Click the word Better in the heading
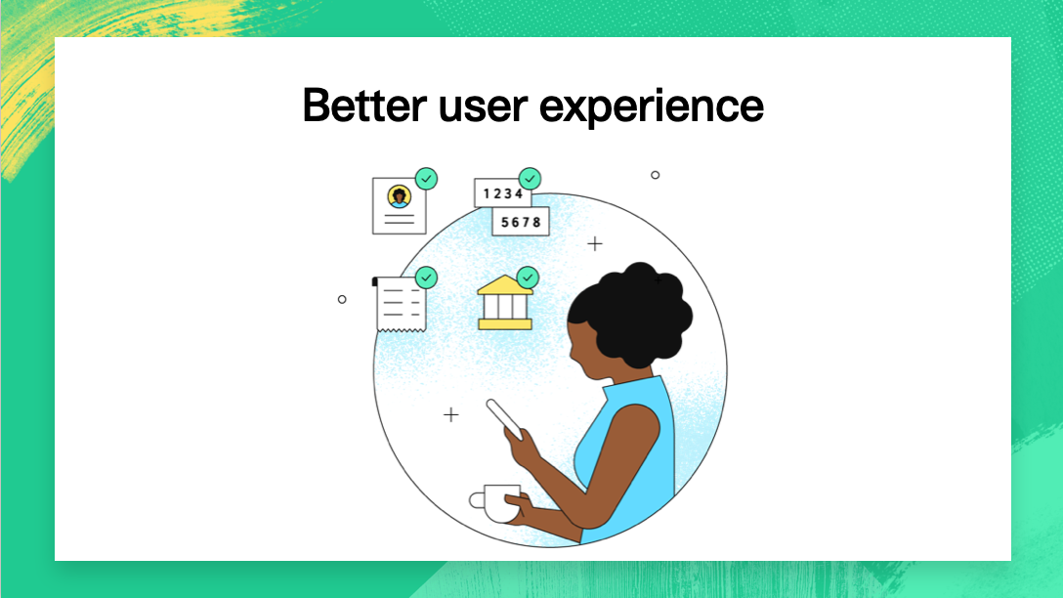click(364, 106)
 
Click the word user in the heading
click(483, 108)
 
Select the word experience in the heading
click(652, 108)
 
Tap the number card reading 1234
click(502, 193)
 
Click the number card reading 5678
click(520, 222)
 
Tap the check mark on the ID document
click(426, 179)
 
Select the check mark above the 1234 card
click(530, 179)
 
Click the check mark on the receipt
click(426, 278)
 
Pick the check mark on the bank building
click(528, 278)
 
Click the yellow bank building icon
click(505, 303)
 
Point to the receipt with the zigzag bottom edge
click(400, 304)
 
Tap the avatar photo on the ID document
click(400, 196)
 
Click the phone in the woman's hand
click(504, 420)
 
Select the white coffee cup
click(497, 503)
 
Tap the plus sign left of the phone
click(450, 414)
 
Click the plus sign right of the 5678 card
click(595, 243)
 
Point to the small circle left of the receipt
click(342, 299)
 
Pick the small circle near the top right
click(655, 175)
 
